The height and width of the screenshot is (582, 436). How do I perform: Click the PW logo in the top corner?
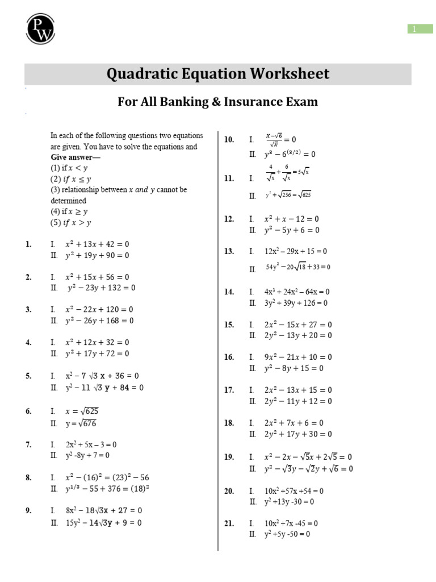[40, 28]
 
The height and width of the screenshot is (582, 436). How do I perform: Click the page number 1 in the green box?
[421, 29]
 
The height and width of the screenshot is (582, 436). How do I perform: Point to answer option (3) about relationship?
[118, 190]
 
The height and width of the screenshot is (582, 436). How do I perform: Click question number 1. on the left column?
[28, 244]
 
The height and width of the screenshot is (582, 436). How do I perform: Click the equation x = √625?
[85, 411]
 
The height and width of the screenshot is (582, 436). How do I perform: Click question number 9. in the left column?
[28, 510]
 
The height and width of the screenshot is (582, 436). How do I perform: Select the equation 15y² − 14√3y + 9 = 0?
[103, 522]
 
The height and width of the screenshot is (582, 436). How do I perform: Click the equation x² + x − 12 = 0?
[292, 219]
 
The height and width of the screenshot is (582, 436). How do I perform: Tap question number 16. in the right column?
[229, 357]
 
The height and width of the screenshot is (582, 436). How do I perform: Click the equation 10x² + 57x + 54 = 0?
[294, 490]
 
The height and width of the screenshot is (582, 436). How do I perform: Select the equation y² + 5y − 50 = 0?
[287, 534]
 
